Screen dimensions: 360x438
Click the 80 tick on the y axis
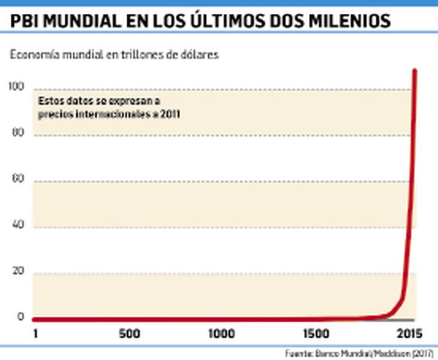click(x=19, y=134)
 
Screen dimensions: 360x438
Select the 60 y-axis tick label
click(x=19, y=180)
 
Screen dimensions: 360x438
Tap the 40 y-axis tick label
click(x=19, y=226)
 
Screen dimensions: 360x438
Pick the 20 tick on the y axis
click(x=19, y=272)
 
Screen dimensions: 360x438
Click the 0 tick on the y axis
click(x=21, y=317)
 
